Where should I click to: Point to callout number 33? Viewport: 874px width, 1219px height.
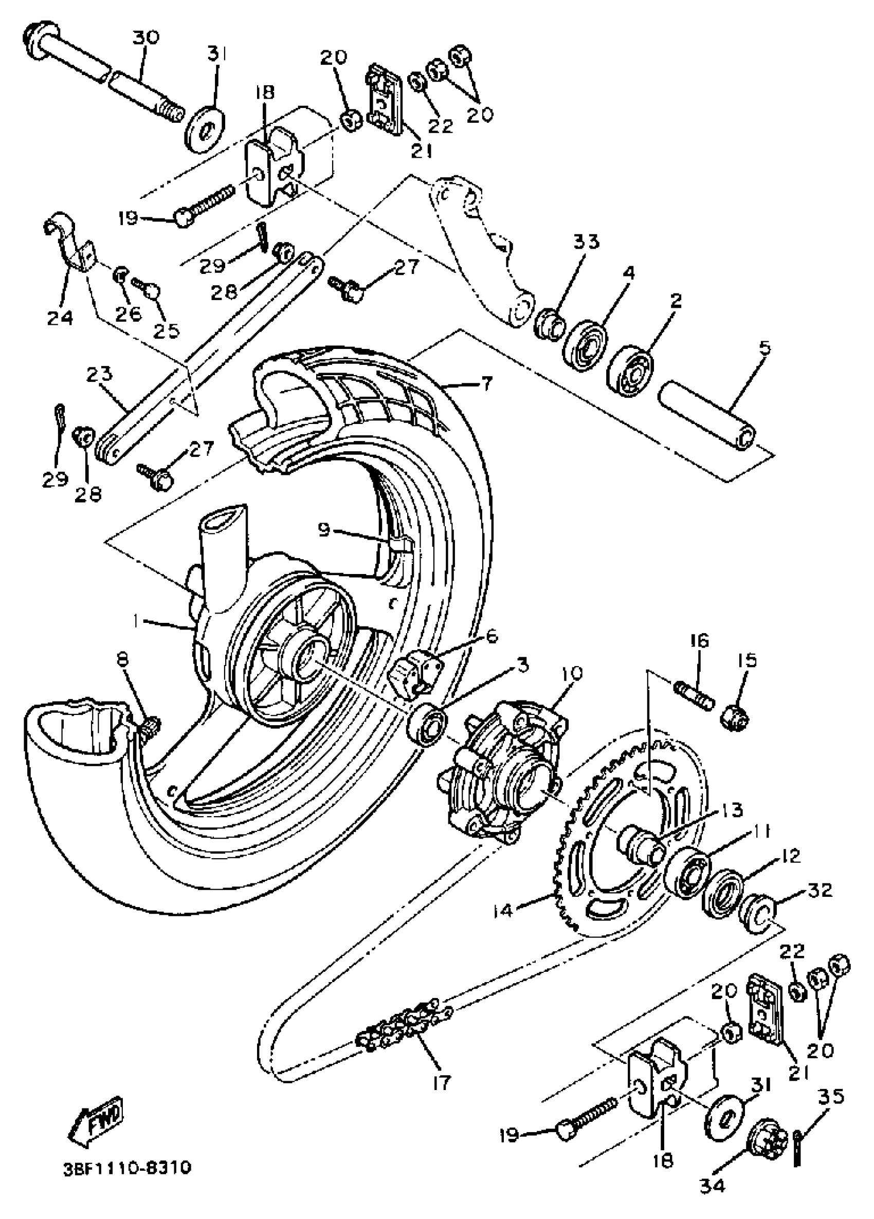tap(586, 242)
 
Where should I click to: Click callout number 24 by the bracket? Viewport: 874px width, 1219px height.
tap(59, 318)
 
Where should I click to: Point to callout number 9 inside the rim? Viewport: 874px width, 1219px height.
tap(324, 530)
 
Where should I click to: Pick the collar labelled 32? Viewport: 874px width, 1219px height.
tap(756, 917)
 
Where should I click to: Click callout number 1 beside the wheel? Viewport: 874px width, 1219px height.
tap(137, 621)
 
